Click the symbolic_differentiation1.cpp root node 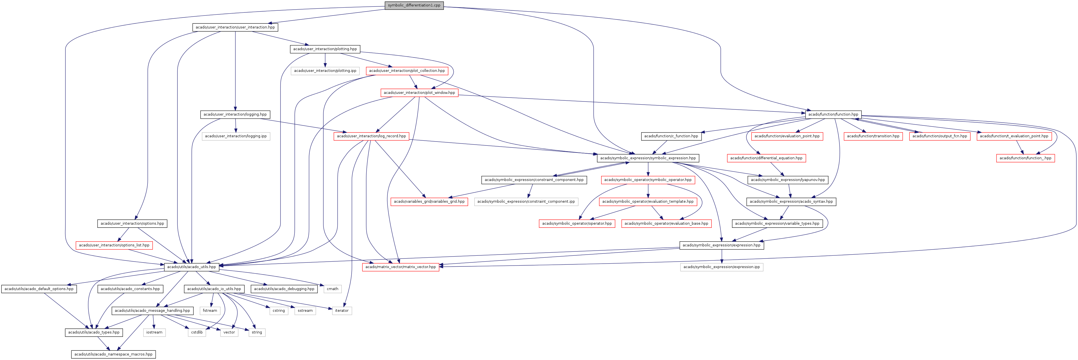[414, 5]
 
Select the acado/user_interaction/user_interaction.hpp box [235, 27]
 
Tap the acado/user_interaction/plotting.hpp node [325, 49]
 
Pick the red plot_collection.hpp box [407, 71]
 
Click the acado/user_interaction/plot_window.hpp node [419, 92]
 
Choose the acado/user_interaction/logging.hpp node [235, 114]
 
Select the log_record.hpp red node [371, 136]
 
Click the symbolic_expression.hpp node [648, 158]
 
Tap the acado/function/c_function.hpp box [671, 136]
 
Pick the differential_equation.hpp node [766, 158]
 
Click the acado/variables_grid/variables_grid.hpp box [429, 201]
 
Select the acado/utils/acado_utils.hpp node [191, 267]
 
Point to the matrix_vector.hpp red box [400, 267]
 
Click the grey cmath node [332, 289]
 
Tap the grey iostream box [154, 332]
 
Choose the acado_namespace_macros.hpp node [113, 354]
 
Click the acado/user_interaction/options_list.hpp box [114, 245]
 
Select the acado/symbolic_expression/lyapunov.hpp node [788, 180]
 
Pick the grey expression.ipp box [722, 267]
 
